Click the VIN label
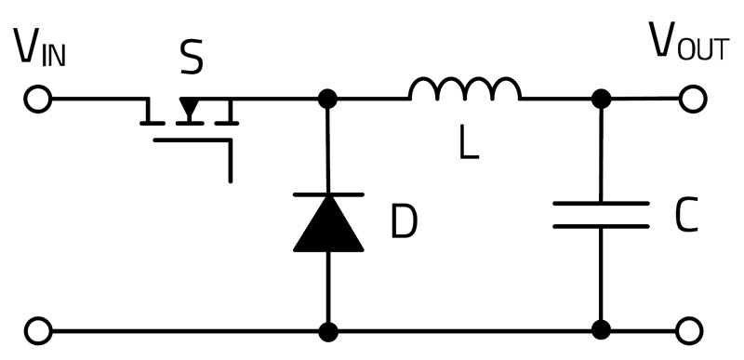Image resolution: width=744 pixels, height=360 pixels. (x=39, y=47)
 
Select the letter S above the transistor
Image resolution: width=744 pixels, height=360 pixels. (x=192, y=58)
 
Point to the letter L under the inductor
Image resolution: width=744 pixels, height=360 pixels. (x=469, y=142)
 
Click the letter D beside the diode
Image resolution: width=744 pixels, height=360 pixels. (x=404, y=221)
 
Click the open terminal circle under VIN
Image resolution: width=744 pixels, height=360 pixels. (x=38, y=99)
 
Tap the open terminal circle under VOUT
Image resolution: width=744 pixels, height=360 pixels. (x=693, y=99)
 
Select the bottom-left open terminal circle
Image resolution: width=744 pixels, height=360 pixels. (x=38, y=330)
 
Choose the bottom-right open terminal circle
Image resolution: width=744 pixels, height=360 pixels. (x=689, y=330)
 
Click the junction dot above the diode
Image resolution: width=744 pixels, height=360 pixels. (x=327, y=99)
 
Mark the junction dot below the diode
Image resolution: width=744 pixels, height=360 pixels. (x=328, y=331)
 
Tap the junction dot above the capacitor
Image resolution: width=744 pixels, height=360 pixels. (x=601, y=99)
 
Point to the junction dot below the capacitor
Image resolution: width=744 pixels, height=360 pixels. (x=601, y=330)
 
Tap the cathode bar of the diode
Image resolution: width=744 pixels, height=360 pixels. (x=328, y=194)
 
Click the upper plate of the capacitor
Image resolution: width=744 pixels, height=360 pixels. (x=601, y=204)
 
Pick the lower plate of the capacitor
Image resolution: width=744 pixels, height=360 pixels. (x=601, y=226)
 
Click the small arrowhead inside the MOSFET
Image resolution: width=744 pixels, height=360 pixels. (x=190, y=108)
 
